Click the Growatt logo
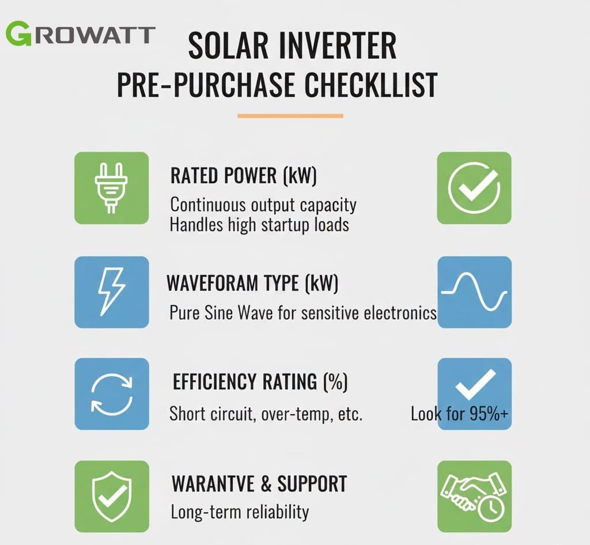coord(80,34)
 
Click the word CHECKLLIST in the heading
coord(370,85)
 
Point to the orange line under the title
coord(290,116)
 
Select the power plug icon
coord(111,188)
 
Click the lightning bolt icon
coord(111,292)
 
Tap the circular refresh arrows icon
coord(112,394)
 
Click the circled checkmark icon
coord(474,188)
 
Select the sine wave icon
coord(474,292)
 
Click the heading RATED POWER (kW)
coord(244,176)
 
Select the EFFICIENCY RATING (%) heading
coord(260,381)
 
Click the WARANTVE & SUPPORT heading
coord(259,484)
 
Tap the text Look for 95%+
coord(459,414)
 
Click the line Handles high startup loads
coord(259,225)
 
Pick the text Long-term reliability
coord(240,512)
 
